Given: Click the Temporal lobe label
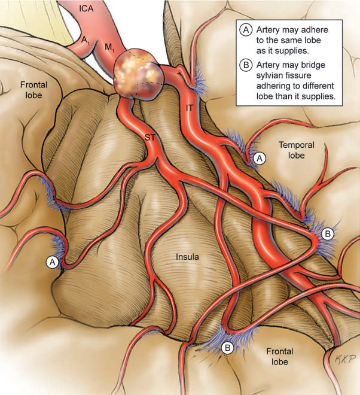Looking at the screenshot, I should click(297, 150).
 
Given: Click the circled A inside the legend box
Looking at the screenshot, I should click(245, 29).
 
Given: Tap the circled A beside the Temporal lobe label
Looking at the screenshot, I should click(259, 157).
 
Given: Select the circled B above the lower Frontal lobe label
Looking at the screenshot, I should click(228, 347).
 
